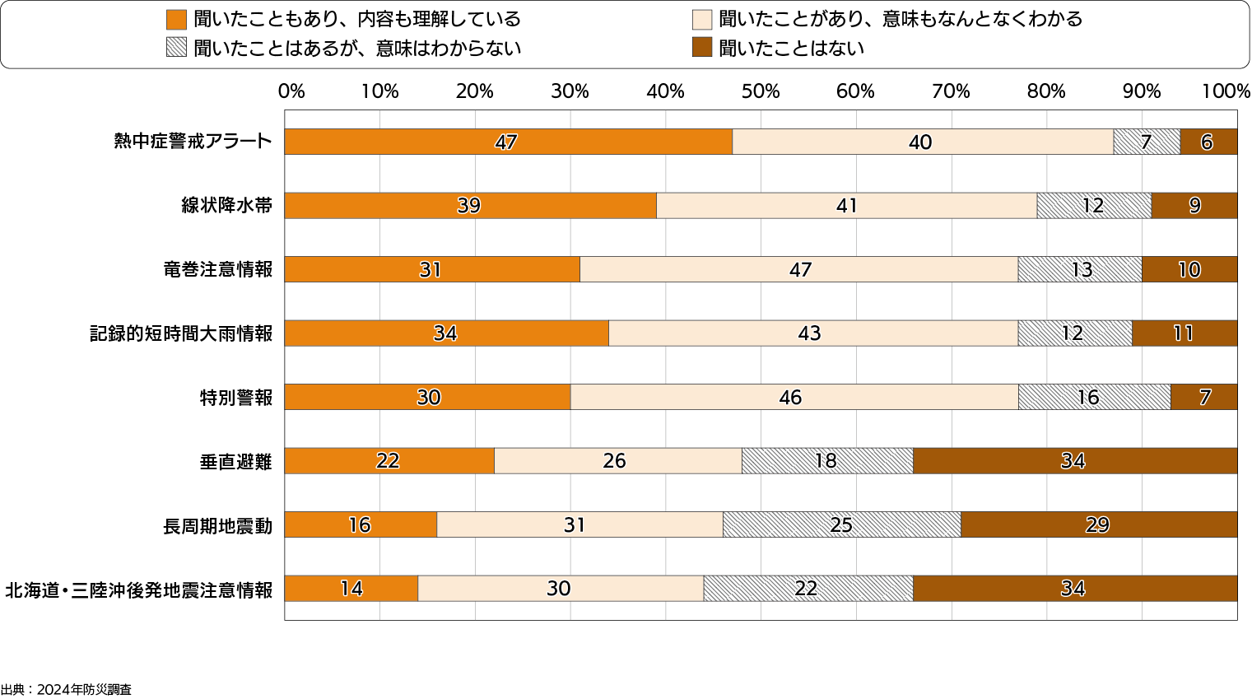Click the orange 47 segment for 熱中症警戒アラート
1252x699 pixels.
[508, 142]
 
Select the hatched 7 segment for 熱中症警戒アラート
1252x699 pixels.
[1146, 142]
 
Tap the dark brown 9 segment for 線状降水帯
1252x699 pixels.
[1194, 206]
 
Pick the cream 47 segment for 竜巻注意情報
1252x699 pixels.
[798, 269]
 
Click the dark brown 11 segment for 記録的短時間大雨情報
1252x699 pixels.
[1184, 333]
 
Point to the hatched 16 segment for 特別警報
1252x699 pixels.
[1094, 397]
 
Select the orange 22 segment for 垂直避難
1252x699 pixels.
[389, 461]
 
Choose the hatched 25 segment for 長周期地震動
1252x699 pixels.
[841, 524]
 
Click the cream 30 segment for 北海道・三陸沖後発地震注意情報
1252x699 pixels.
[560, 589]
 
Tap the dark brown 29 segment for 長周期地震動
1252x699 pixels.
[1098, 524]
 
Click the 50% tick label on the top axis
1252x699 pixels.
[760, 91]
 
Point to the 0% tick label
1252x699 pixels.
[291, 91]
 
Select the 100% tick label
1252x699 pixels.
[1225, 91]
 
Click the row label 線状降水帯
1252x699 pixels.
[226, 206]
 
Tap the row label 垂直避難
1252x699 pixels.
[235, 462]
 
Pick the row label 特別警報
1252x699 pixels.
[235, 398]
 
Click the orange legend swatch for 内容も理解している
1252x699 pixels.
[176, 20]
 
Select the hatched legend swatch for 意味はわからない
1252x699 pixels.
[176, 48]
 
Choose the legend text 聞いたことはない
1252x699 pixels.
[791, 49]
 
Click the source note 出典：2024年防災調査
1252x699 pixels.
[66, 690]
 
